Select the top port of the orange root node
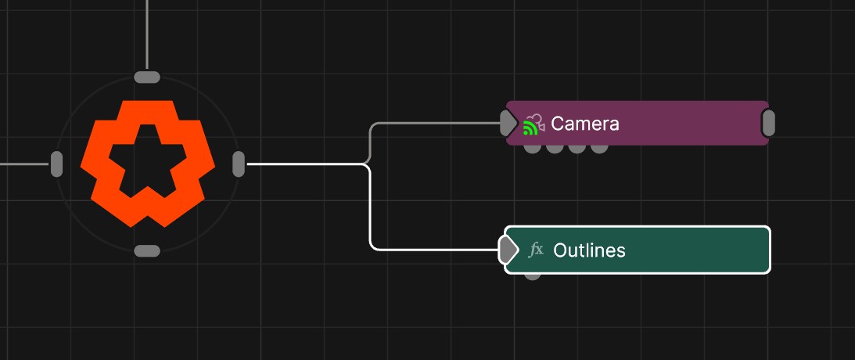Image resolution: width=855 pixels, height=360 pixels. pyautogui.click(x=147, y=77)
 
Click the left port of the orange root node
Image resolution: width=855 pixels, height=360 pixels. pyautogui.click(x=56, y=164)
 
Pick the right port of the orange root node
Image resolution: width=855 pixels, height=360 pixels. pyautogui.click(x=239, y=164)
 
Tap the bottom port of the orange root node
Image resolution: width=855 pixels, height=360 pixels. pyautogui.click(x=147, y=251)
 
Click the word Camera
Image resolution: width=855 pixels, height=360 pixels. pyautogui.click(x=584, y=124)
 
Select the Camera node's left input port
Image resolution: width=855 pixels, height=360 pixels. pyautogui.click(x=508, y=123)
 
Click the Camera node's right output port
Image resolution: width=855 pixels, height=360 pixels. pyautogui.click(x=768, y=123)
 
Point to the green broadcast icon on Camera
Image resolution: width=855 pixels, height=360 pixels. pyautogui.click(x=530, y=128)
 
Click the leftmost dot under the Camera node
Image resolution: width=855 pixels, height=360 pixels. pyautogui.click(x=532, y=148)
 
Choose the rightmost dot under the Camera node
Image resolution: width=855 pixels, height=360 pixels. pyautogui.click(x=599, y=148)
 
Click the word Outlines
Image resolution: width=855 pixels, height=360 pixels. pyautogui.click(x=589, y=250)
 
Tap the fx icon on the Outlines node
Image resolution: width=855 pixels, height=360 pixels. pyautogui.click(x=537, y=250)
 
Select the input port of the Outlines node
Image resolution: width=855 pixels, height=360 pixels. pyautogui.click(x=508, y=250)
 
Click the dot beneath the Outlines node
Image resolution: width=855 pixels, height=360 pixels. pyautogui.click(x=532, y=275)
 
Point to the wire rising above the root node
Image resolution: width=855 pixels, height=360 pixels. pyautogui.click(x=147, y=31)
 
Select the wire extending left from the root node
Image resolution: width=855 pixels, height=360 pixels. pyautogui.click(x=23, y=164)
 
